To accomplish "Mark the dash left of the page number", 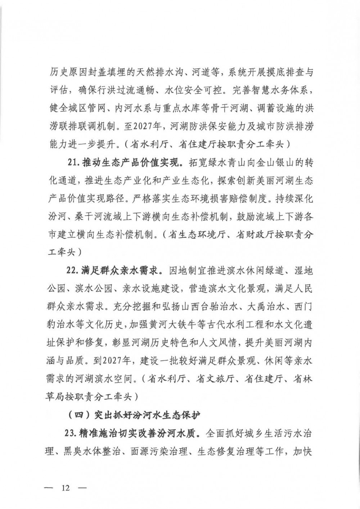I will pyautogui.click(x=49, y=488).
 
